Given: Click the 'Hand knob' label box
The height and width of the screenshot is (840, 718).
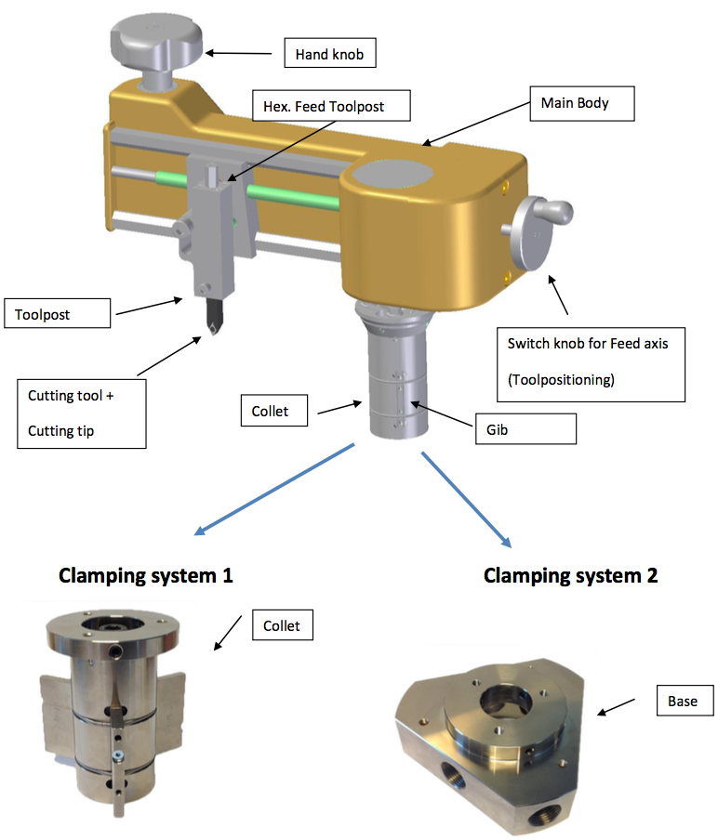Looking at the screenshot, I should pyautogui.click(x=329, y=55).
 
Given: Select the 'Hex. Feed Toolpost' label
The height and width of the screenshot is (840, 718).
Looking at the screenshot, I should pyautogui.click(x=330, y=106).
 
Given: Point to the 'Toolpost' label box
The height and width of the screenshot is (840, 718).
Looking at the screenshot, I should pyautogui.click(x=57, y=313).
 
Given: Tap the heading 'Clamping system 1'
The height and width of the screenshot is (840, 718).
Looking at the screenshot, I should pyautogui.click(x=145, y=575).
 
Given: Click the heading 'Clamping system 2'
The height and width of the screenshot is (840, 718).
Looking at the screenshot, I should pyautogui.click(x=570, y=575).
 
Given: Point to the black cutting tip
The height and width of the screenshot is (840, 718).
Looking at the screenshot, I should pyautogui.click(x=213, y=322).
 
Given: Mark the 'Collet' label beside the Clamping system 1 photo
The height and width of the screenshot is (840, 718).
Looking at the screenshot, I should pyautogui.click(x=282, y=625).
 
